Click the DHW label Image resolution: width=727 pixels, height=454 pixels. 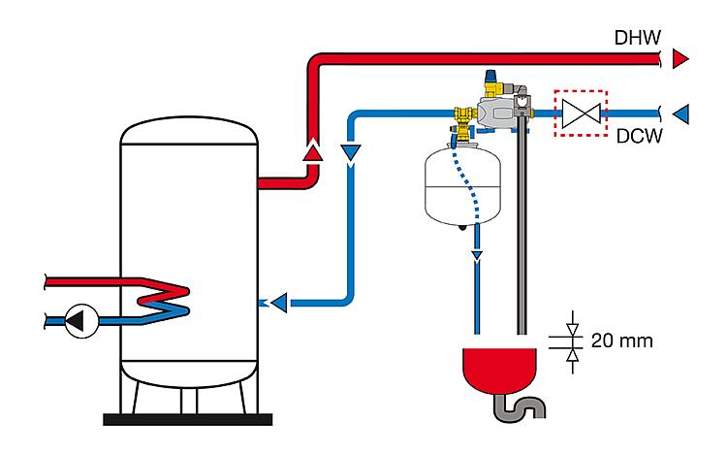[x=638, y=38]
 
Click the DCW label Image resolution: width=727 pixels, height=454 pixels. [x=640, y=136]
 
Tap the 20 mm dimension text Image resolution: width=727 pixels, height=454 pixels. [x=622, y=341]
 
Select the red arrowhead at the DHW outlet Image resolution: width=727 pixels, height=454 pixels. [x=680, y=59]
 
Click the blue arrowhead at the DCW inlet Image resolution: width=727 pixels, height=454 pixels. [x=681, y=113]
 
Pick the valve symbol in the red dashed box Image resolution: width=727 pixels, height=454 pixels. [x=581, y=113]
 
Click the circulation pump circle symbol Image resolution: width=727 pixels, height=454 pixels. [x=81, y=321]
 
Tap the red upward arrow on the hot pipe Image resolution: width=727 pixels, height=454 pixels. [x=313, y=150]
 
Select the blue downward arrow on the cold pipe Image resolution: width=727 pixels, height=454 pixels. [x=351, y=153]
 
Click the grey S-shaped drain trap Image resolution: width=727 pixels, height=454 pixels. [x=520, y=407]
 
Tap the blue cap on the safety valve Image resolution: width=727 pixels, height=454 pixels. [x=490, y=76]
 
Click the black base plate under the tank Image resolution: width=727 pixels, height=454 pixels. [x=187, y=420]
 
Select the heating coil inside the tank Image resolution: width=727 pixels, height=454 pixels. [x=165, y=300]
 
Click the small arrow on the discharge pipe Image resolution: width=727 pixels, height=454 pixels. [x=477, y=255]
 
